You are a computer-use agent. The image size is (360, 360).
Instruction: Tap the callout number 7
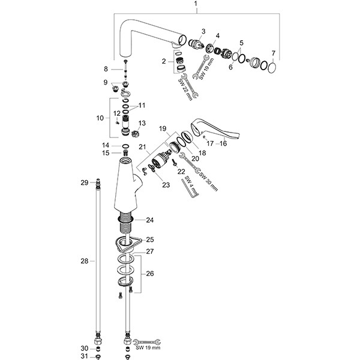pyautogui.click(x=274, y=53)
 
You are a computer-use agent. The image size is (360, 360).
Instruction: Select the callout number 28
pyautogui.click(x=85, y=261)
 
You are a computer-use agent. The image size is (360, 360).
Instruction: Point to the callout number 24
pyautogui.click(x=149, y=220)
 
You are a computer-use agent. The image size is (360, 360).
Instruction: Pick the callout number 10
pyautogui.click(x=100, y=118)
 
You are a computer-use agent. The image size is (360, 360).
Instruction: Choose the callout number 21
pyautogui.click(x=142, y=147)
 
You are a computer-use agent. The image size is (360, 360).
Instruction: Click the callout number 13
pyautogui.click(x=142, y=124)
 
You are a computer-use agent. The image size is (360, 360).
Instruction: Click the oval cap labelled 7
pyautogui.click(x=271, y=67)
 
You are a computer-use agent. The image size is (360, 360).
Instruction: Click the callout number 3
pyautogui.click(x=203, y=31)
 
